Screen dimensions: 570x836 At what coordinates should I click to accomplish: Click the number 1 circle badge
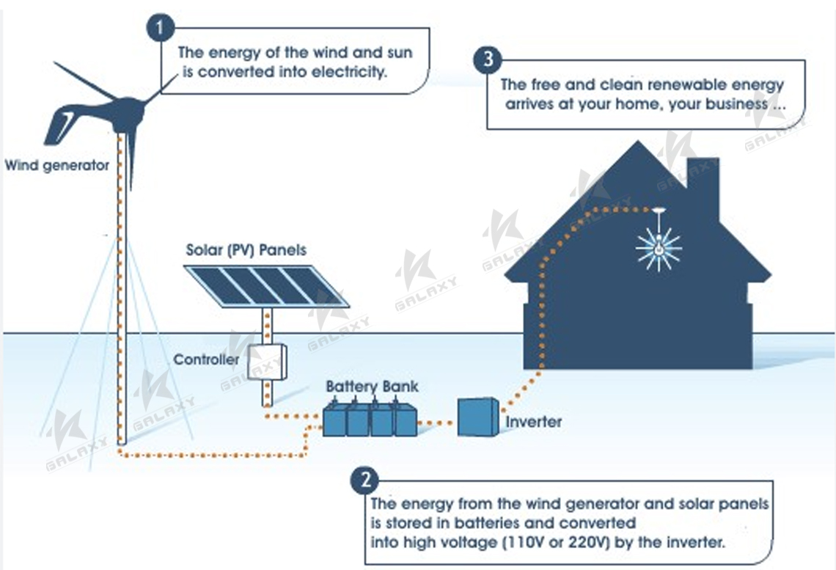pyautogui.click(x=161, y=29)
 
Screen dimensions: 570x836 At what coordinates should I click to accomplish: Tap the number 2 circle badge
pyautogui.click(x=364, y=481)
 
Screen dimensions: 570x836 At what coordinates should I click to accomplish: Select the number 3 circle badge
pyautogui.click(x=488, y=59)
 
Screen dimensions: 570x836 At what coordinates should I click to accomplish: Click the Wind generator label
pyautogui.click(x=56, y=165)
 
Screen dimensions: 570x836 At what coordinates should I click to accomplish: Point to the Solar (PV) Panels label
pyautogui.click(x=246, y=250)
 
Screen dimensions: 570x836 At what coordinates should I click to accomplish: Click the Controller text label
pyautogui.click(x=206, y=359)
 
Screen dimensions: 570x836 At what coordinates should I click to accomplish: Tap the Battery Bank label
pyautogui.click(x=372, y=387)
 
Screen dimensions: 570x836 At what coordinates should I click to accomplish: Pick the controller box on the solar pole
pyautogui.click(x=266, y=361)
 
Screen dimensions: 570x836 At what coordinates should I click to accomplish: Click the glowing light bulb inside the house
pyautogui.click(x=659, y=248)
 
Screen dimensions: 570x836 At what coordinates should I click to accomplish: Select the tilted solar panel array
pyautogui.click(x=265, y=285)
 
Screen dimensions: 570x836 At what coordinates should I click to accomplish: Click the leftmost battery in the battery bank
pyautogui.click(x=334, y=419)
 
